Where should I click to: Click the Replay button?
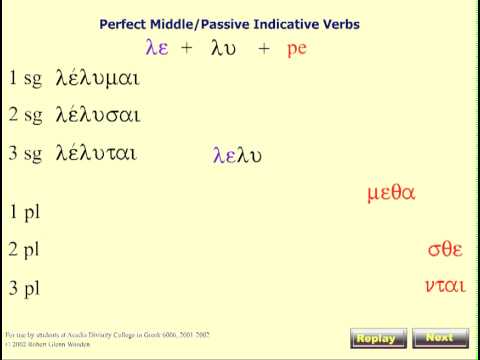[x=379, y=338]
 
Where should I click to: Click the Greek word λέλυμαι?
[x=97, y=78]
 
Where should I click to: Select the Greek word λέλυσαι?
[x=96, y=115]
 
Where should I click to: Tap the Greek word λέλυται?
[x=96, y=153]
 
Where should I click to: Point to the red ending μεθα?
[x=391, y=193]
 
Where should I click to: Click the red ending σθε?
[x=446, y=249]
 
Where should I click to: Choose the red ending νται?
[x=444, y=286]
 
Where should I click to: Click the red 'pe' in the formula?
[x=296, y=48]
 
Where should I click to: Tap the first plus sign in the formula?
[x=186, y=48]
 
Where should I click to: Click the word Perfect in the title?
[x=124, y=23]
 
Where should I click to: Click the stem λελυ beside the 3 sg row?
[x=237, y=155]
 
